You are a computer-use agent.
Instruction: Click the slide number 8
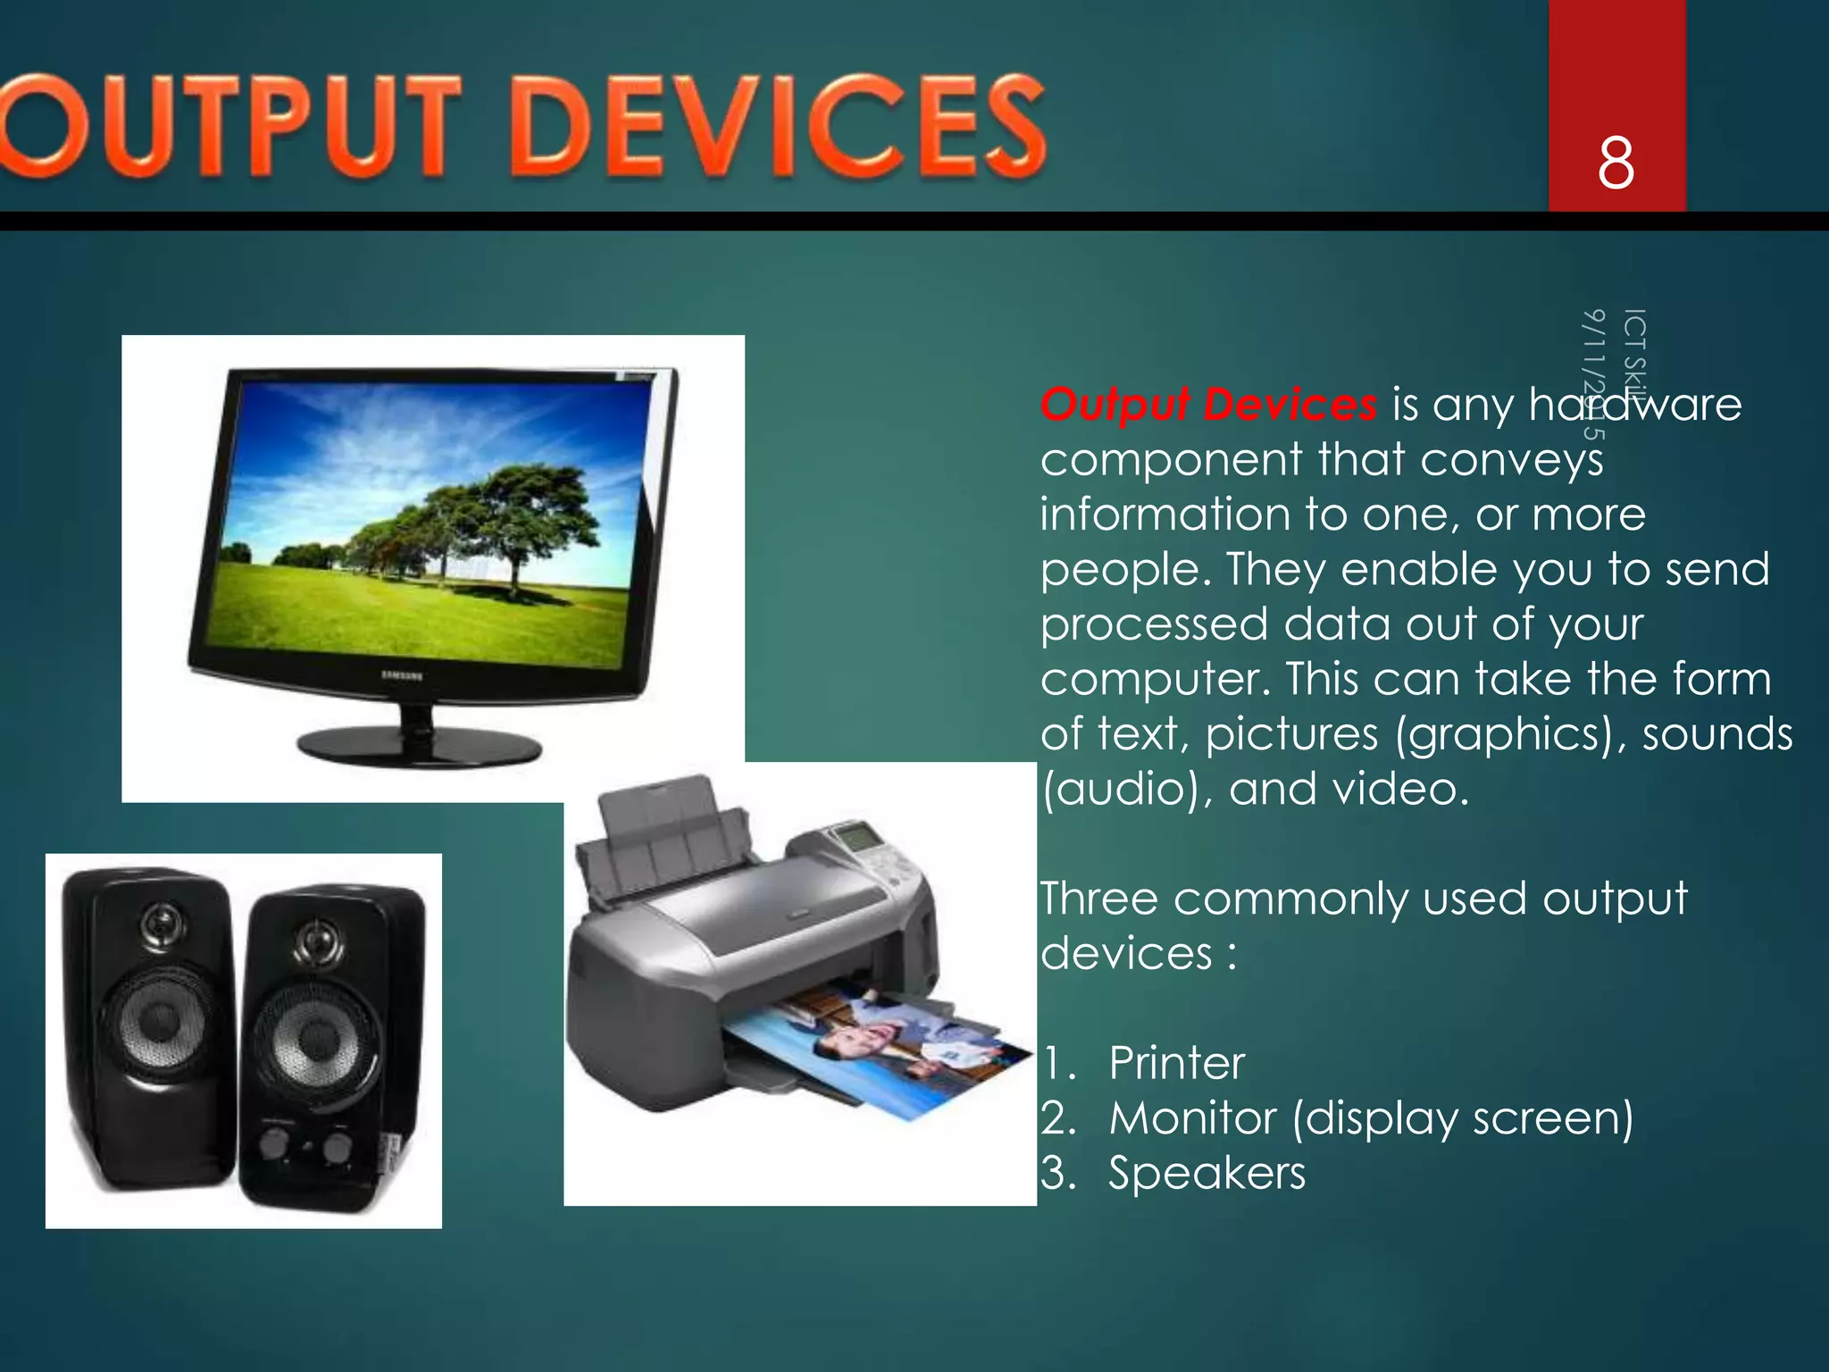click(1616, 163)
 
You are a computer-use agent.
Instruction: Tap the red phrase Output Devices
click(1208, 405)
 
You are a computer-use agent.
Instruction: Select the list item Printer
click(1176, 1063)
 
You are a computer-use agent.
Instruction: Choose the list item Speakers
click(1207, 1173)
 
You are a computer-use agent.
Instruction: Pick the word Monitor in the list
click(1193, 1118)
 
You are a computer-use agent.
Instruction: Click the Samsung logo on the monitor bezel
click(403, 675)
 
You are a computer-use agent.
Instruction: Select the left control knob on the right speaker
click(274, 1142)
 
